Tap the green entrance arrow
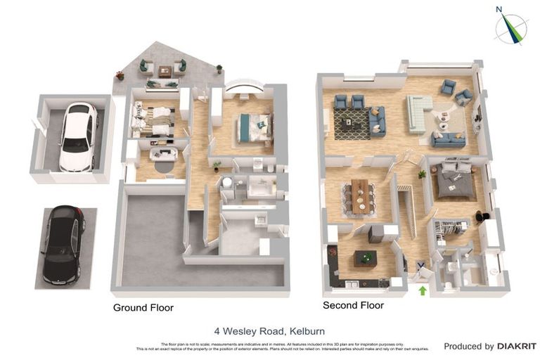423,289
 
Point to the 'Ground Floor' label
143,308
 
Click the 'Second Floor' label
353,306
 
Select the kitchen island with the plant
364,258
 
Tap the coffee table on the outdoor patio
165,71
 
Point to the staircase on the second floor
407,210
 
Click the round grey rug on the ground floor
162,166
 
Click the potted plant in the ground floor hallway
217,166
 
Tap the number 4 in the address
217,330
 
